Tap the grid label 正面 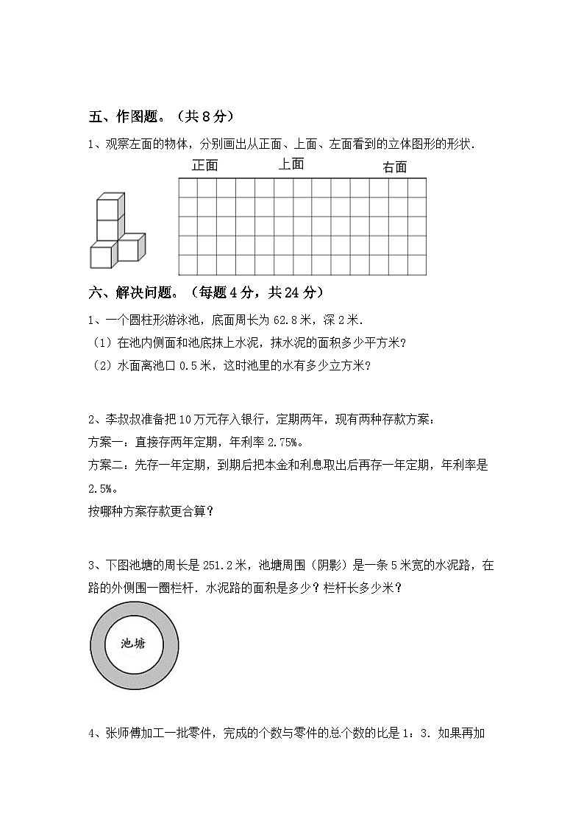tap(204, 166)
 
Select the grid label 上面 tap(291, 164)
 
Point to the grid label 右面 tap(394, 167)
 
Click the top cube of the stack tap(109, 205)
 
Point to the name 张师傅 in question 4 tap(118, 733)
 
